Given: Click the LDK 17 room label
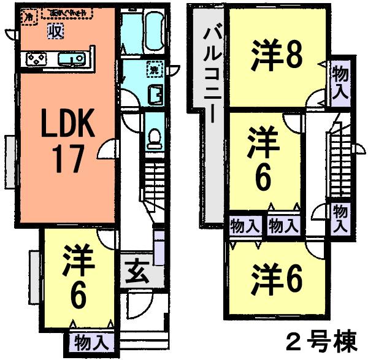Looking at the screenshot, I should [67, 142].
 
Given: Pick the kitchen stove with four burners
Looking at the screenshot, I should [36, 59].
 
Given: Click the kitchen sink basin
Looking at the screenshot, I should [72, 59].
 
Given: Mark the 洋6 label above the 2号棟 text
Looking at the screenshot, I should [277, 278].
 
